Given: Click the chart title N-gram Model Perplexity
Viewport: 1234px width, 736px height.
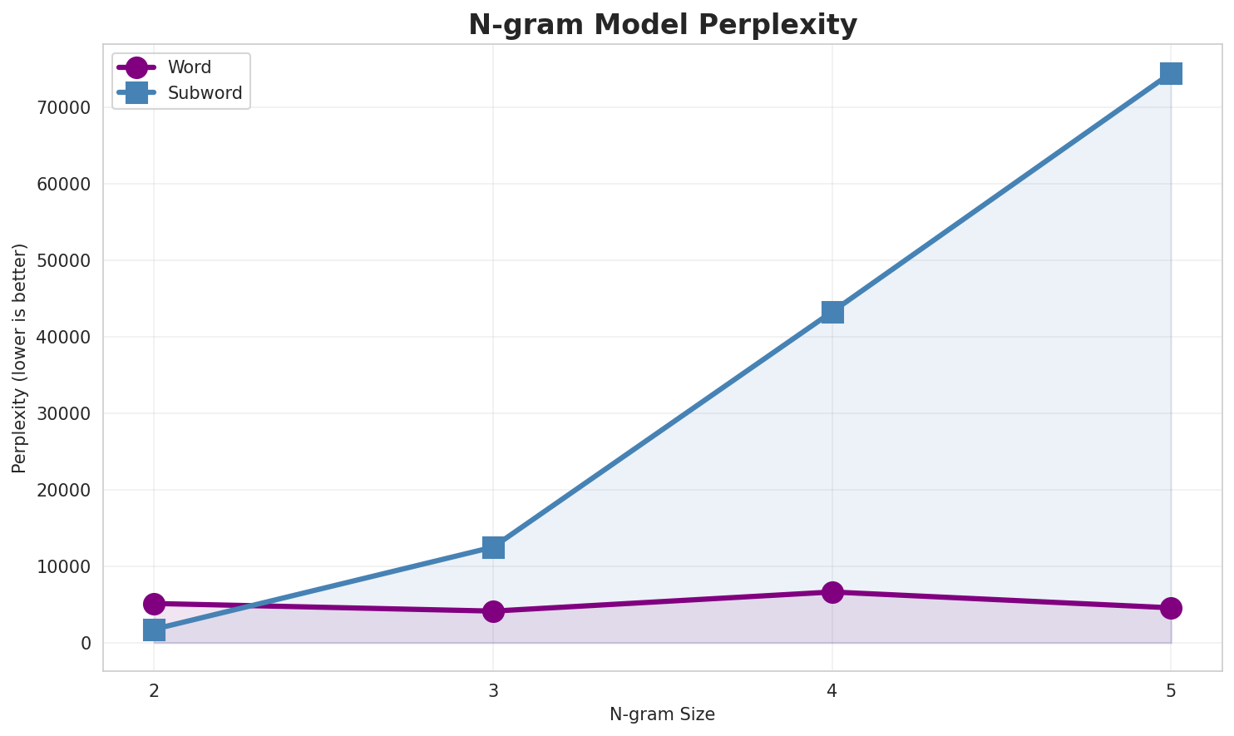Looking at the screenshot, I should (x=662, y=25).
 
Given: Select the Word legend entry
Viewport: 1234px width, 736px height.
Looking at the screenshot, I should (x=189, y=67).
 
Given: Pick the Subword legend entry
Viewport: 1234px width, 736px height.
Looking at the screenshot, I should (x=205, y=93).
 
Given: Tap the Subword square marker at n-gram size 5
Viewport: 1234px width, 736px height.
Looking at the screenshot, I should (x=1171, y=73).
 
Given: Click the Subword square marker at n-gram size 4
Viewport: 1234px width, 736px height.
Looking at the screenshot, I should (x=832, y=312).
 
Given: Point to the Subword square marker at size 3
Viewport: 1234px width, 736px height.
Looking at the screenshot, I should (x=493, y=547).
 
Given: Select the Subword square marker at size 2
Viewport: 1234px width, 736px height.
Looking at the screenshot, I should (x=154, y=630).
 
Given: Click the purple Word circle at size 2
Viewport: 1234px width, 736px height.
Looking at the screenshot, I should (x=154, y=604).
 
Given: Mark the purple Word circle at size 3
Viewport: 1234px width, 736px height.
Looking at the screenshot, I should (x=493, y=611).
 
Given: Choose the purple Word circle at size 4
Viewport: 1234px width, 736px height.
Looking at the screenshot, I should (x=832, y=592).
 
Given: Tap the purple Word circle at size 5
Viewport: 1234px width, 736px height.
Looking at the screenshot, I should (x=1171, y=608).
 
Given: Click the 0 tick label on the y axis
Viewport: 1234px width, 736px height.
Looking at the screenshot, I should (x=86, y=644).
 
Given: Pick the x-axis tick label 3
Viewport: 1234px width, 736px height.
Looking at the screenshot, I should (x=493, y=690).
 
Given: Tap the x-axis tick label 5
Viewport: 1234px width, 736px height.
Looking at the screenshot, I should (x=1171, y=690).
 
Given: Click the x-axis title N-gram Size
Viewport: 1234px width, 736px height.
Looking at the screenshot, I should (x=662, y=714).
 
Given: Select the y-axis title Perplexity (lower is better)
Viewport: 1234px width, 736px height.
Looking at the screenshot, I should (x=20, y=358).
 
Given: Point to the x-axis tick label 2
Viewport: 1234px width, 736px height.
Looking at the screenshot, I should (x=154, y=690).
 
